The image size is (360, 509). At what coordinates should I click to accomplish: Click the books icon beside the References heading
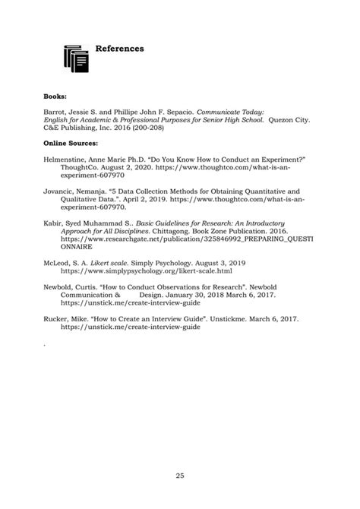[x=76, y=58]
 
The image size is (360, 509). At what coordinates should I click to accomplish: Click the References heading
[x=119, y=49]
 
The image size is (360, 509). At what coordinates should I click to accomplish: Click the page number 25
[x=180, y=476]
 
